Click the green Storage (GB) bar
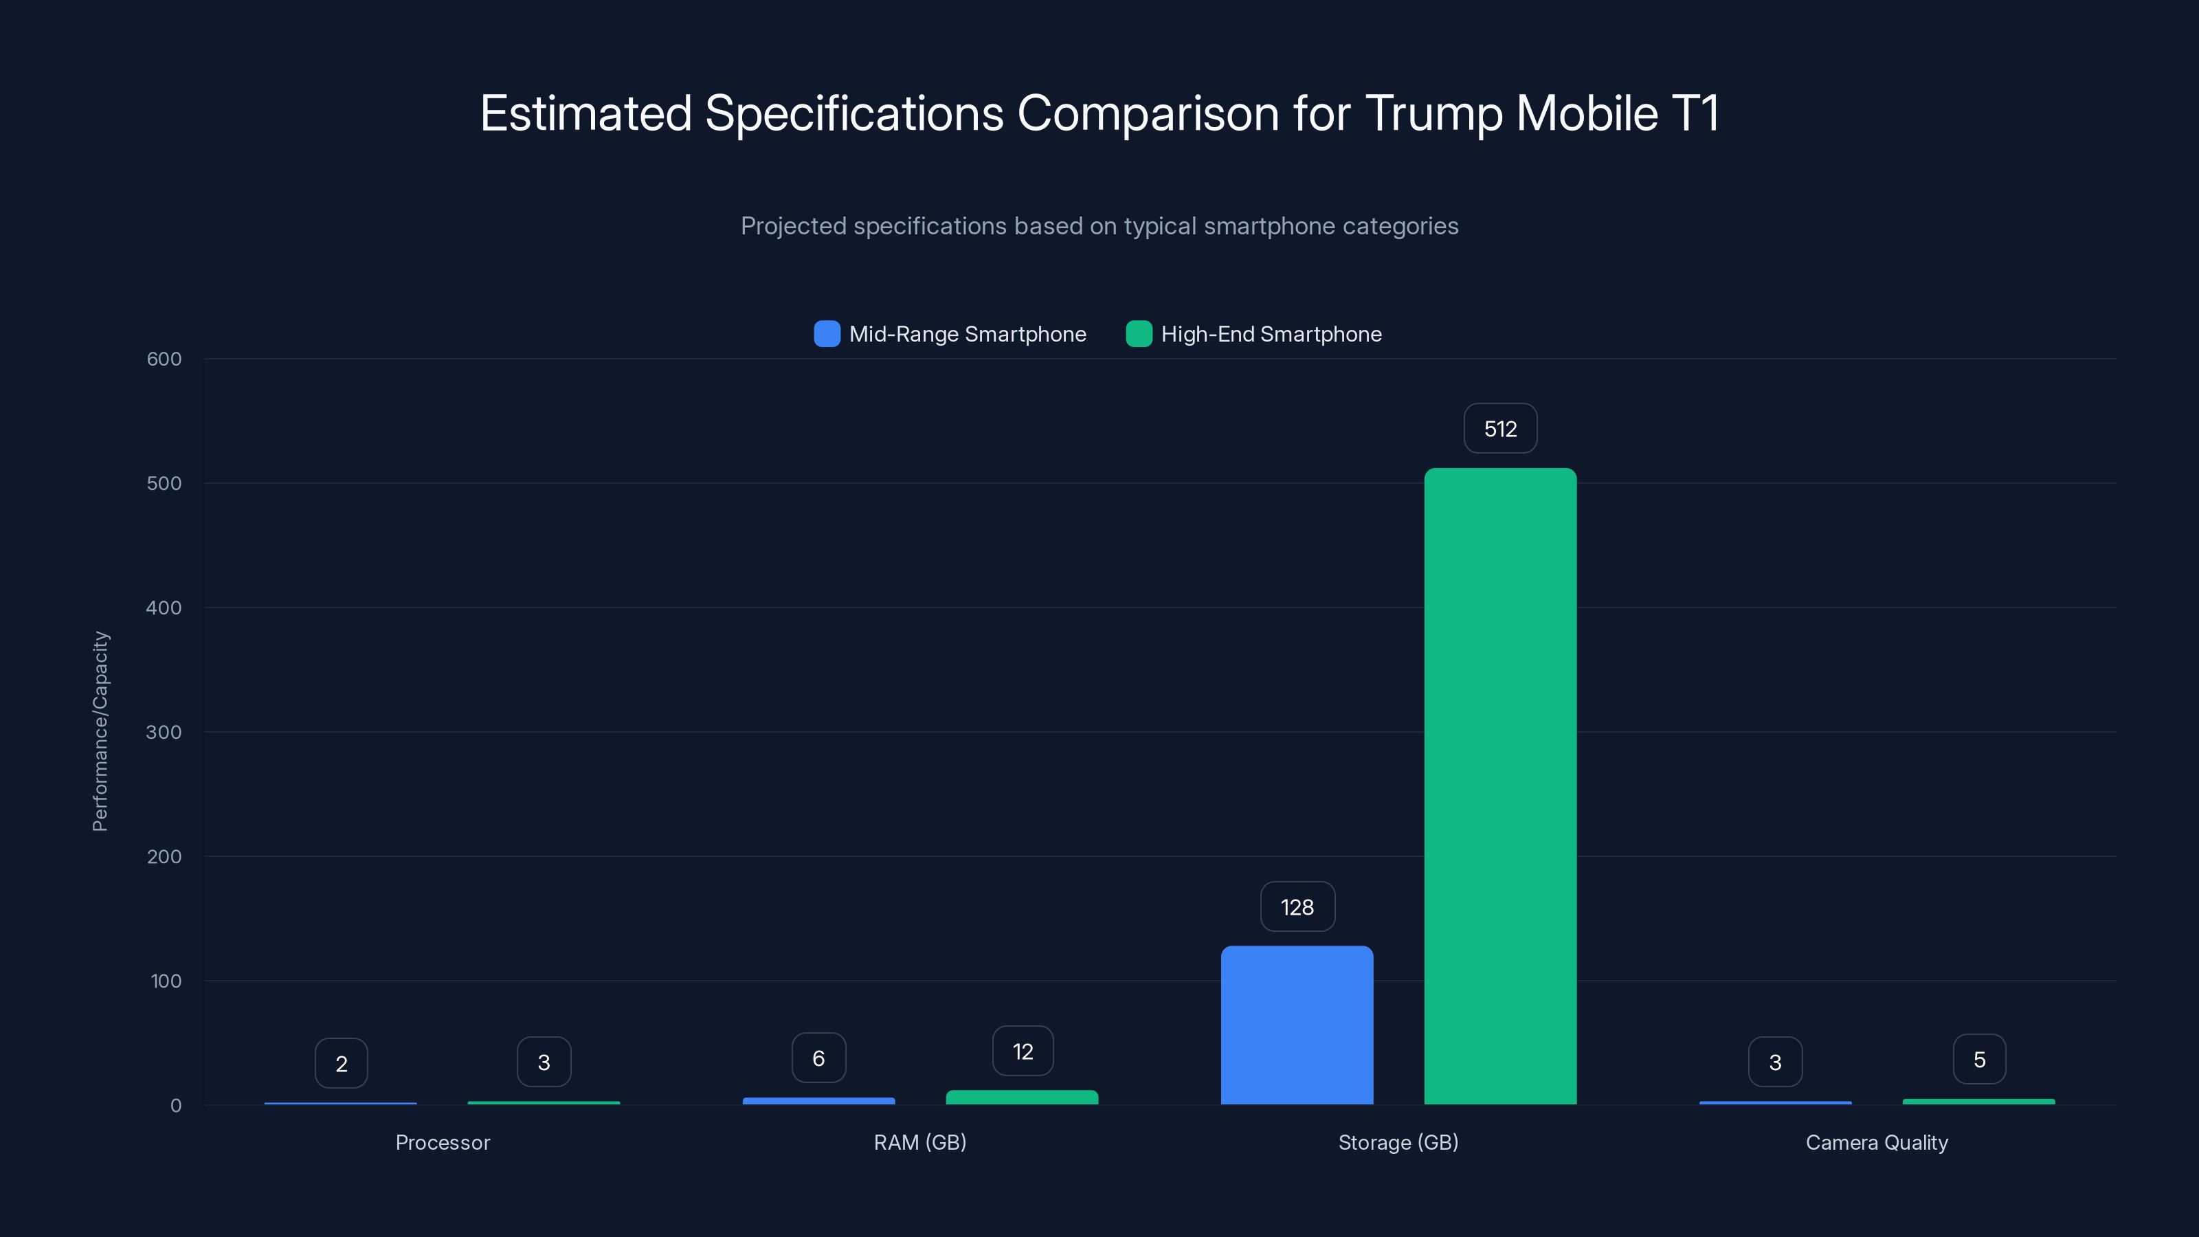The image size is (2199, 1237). pos(1500,785)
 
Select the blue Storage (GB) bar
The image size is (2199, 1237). pos(1297,1025)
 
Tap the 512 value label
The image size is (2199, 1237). pos(1500,429)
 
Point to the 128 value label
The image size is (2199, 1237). pos(1297,906)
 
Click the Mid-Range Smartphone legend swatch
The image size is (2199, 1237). pos(826,334)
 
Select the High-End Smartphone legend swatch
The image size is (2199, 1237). pos(1139,334)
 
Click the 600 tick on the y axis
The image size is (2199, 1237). pos(164,359)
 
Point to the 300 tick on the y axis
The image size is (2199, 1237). pos(164,733)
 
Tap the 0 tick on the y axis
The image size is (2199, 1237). pos(175,1106)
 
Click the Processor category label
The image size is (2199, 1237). pos(442,1142)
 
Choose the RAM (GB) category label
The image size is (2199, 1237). pos(919,1142)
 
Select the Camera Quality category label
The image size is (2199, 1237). pos(1876,1142)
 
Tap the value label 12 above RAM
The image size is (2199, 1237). pos(1023,1051)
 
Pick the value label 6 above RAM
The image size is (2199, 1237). pos(818,1058)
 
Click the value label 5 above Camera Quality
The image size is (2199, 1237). pos(1979,1060)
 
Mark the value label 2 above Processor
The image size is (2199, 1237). pos(341,1063)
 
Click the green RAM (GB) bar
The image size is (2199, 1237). pos(1022,1097)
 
